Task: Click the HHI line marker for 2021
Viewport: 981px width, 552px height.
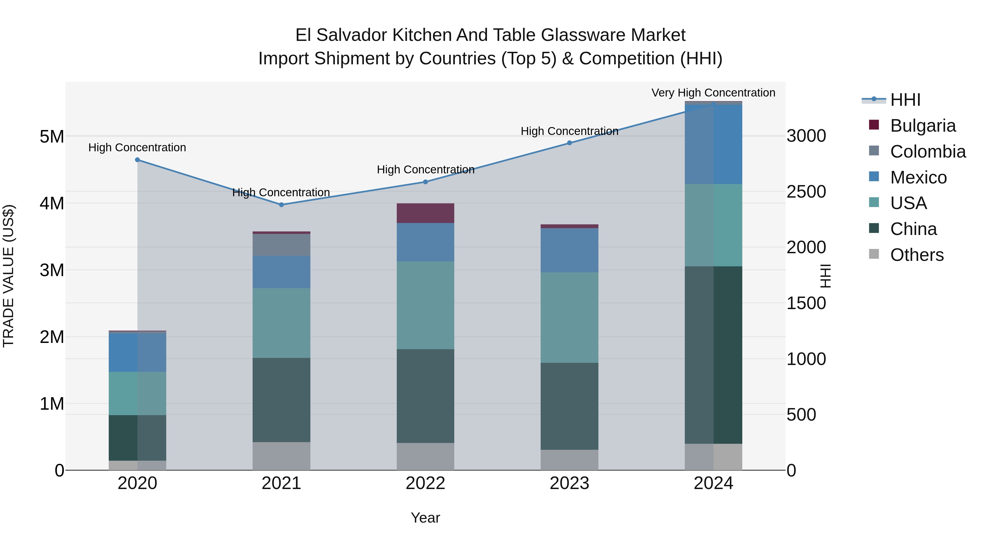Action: click(x=281, y=204)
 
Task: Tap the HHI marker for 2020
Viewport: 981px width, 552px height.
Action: click(x=138, y=160)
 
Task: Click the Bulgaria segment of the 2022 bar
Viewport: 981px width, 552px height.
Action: click(x=425, y=213)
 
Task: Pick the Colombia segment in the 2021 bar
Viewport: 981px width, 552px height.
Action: click(x=281, y=245)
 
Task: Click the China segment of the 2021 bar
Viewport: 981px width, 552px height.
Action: click(x=281, y=400)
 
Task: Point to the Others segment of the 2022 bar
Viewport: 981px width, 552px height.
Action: click(x=425, y=456)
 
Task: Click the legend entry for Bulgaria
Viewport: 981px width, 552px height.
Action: click(x=922, y=126)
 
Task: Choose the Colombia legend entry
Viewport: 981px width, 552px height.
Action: click(x=928, y=152)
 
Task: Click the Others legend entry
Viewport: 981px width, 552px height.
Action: click(x=917, y=255)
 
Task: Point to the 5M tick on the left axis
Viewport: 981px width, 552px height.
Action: click(x=52, y=136)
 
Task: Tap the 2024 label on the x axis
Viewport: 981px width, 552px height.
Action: click(x=713, y=483)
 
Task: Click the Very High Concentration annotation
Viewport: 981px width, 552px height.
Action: click(x=713, y=93)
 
